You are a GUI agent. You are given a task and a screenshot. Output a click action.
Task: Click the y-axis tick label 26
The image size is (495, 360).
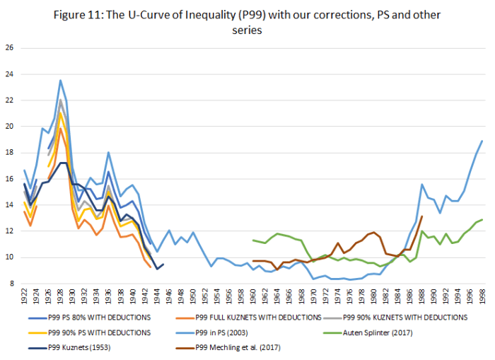pos(9,48)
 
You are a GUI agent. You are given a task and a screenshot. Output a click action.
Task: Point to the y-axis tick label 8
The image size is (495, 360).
pos(11,284)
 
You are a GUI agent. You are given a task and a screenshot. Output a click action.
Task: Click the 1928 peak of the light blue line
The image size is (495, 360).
pos(60,80)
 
